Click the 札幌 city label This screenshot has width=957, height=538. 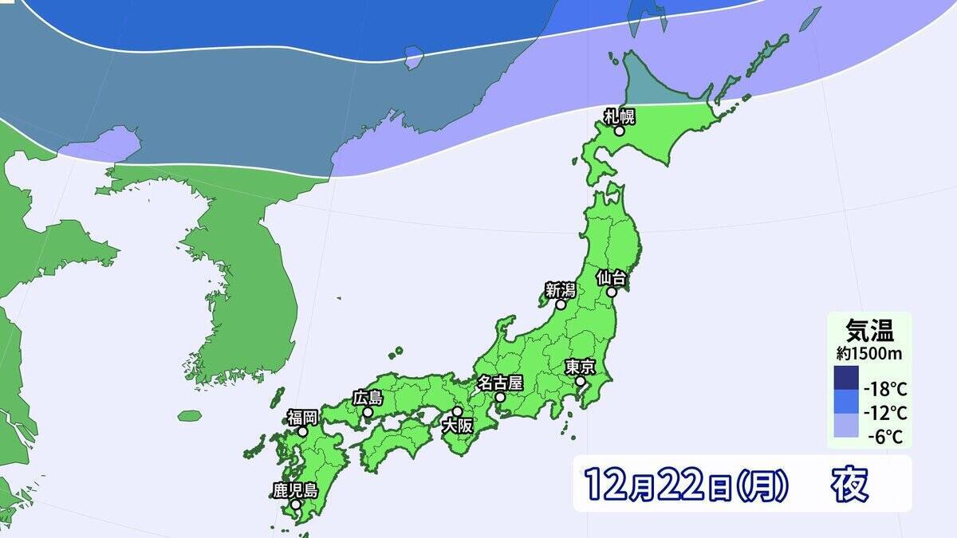coord(618,117)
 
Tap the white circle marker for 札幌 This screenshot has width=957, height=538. coord(619,131)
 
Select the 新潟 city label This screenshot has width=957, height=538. coord(561,291)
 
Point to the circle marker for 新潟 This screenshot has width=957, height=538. coord(561,304)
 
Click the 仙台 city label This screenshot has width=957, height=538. coord(613,278)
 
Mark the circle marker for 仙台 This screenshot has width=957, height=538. coord(612,292)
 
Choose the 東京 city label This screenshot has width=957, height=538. coord(581,367)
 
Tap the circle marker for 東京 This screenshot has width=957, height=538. coord(581,382)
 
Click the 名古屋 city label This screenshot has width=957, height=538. coord(499,383)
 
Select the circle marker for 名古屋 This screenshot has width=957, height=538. coord(500,396)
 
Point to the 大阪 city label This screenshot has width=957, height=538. coord(458,426)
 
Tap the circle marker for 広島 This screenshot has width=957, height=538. coord(368,412)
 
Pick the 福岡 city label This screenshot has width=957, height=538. coord(303,417)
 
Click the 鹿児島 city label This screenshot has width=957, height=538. coord(295,490)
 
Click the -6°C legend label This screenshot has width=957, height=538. coord(888,437)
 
